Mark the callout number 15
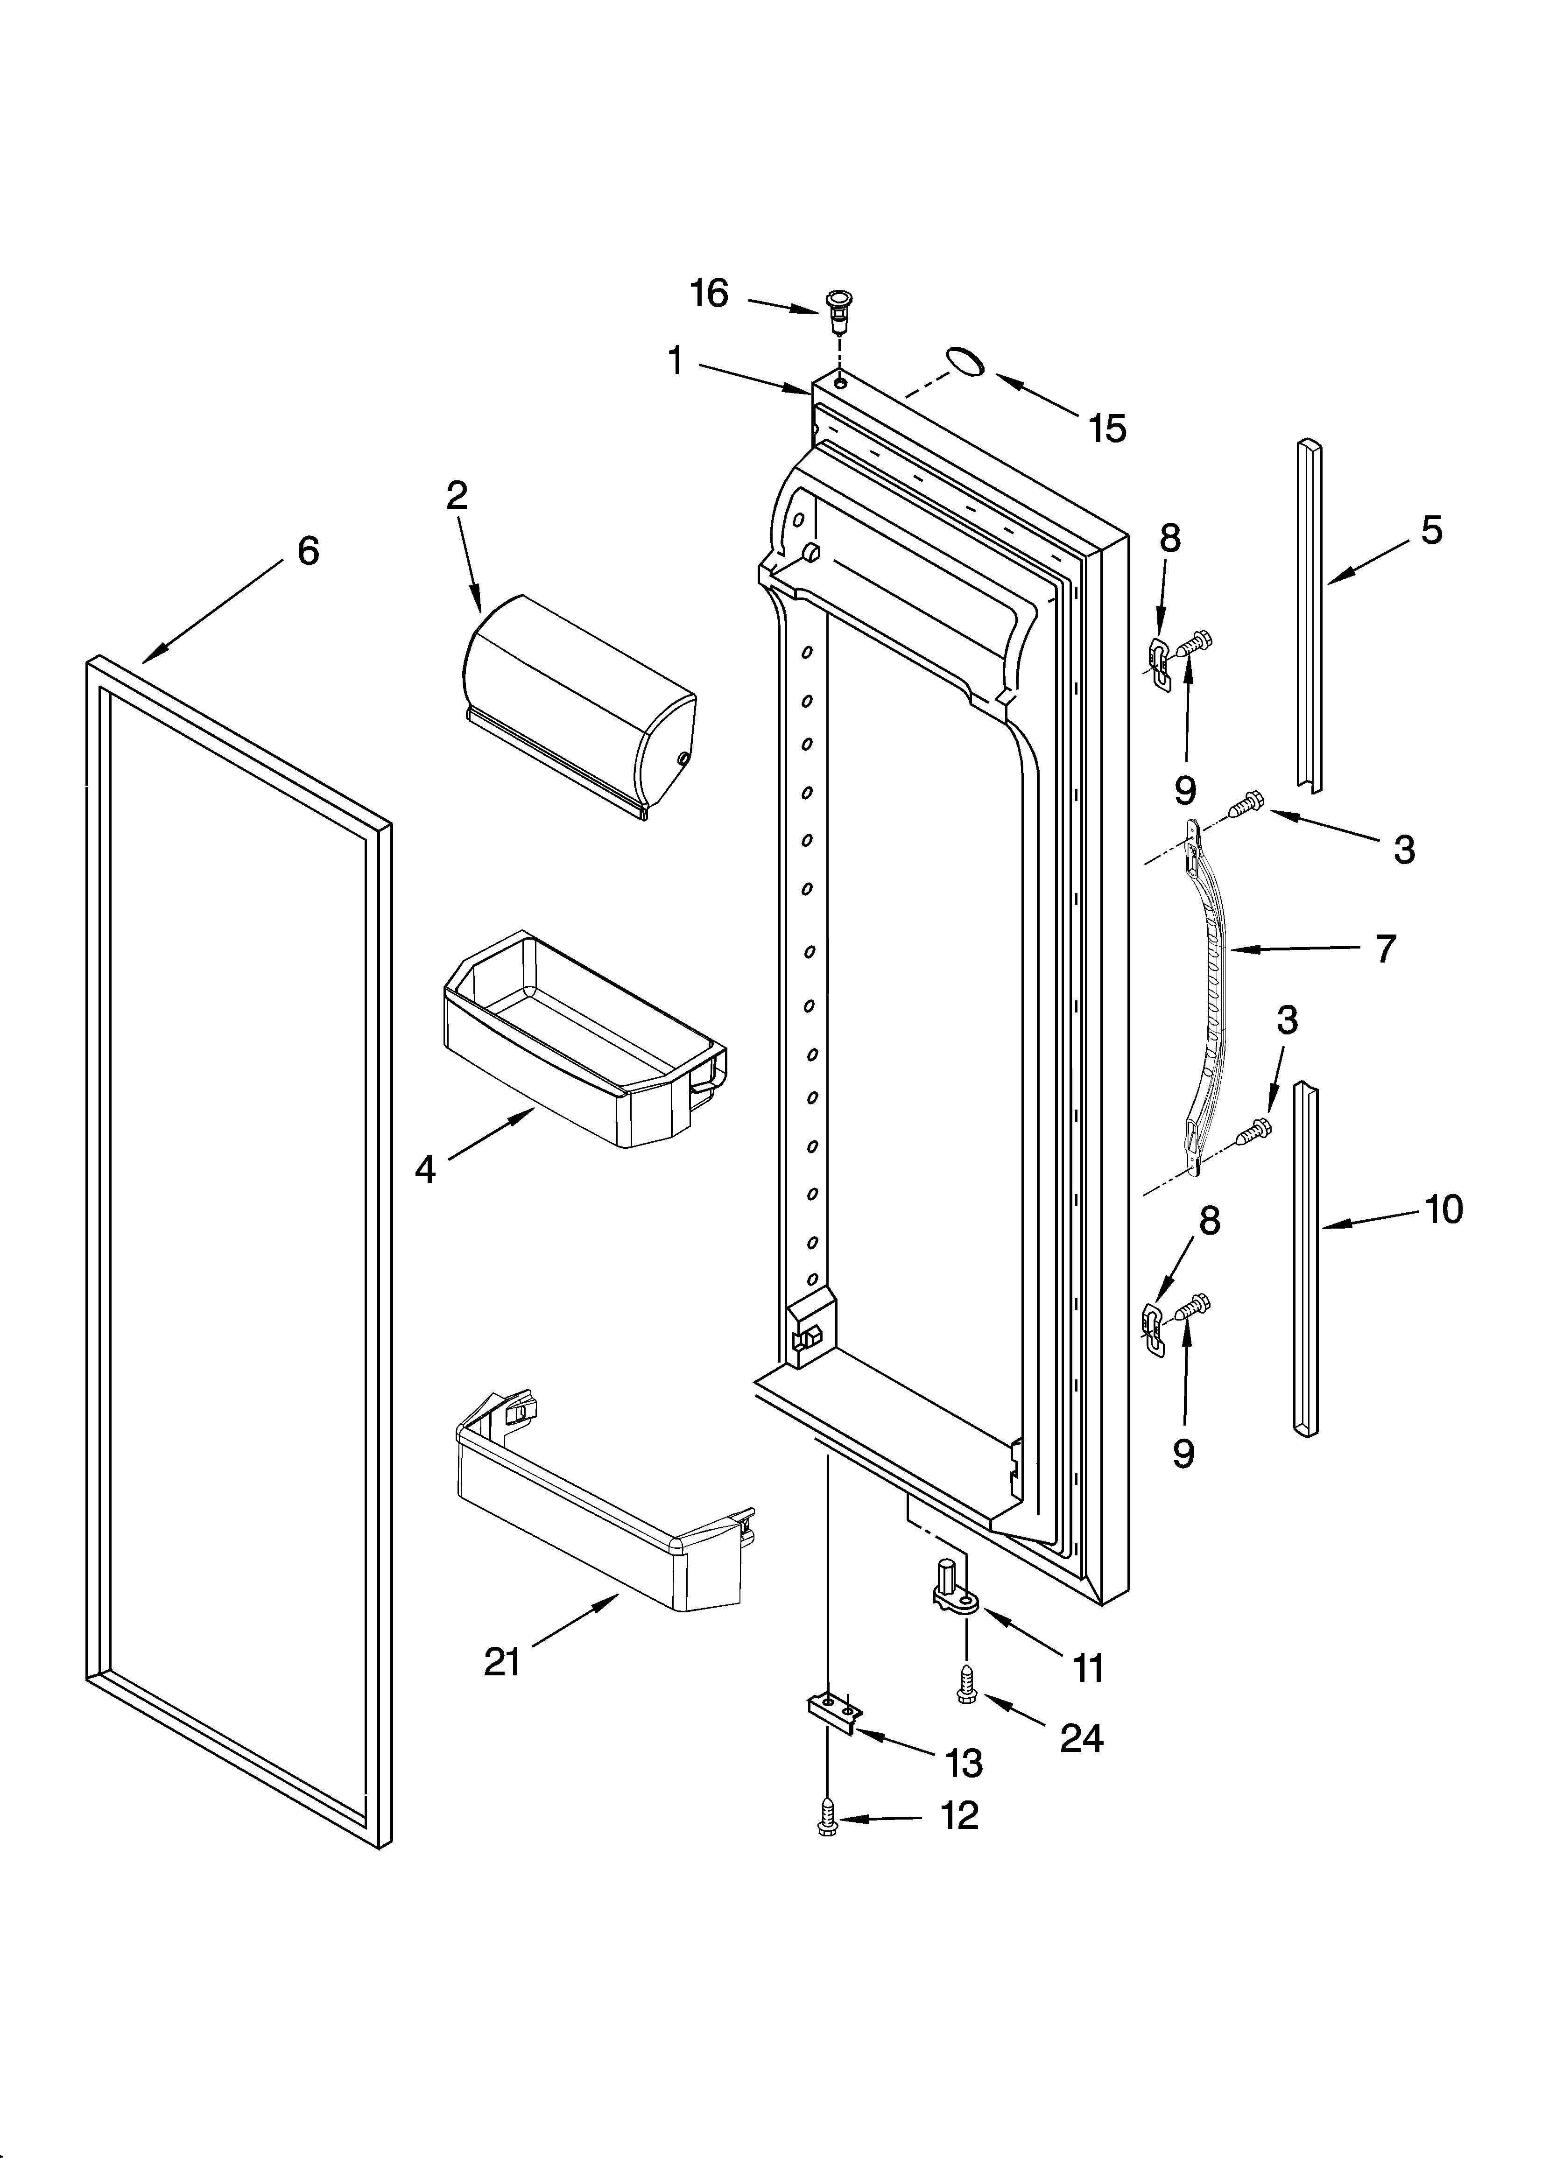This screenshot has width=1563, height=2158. click(1108, 429)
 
